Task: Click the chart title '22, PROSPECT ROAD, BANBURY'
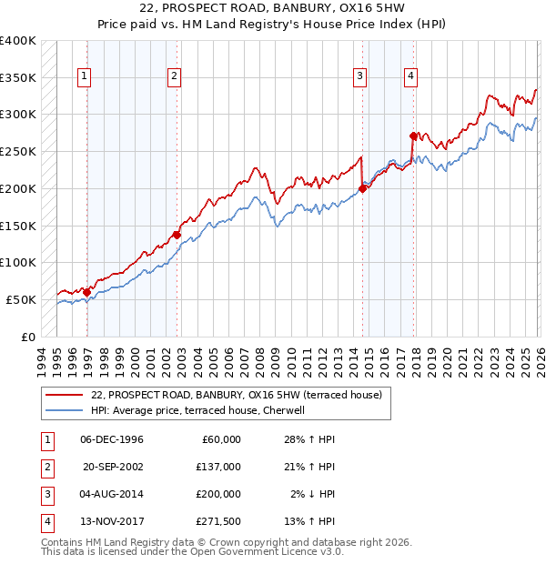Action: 272,8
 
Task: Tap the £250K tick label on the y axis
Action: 17,152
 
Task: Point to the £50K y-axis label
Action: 20,299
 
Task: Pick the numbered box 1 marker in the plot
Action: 84,76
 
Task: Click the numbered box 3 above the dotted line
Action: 360,76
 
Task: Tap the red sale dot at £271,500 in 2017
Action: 413,136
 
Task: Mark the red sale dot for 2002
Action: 177,235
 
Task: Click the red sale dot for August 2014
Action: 362,188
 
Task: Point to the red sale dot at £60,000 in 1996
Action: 87,292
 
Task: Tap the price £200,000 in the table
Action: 218,494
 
